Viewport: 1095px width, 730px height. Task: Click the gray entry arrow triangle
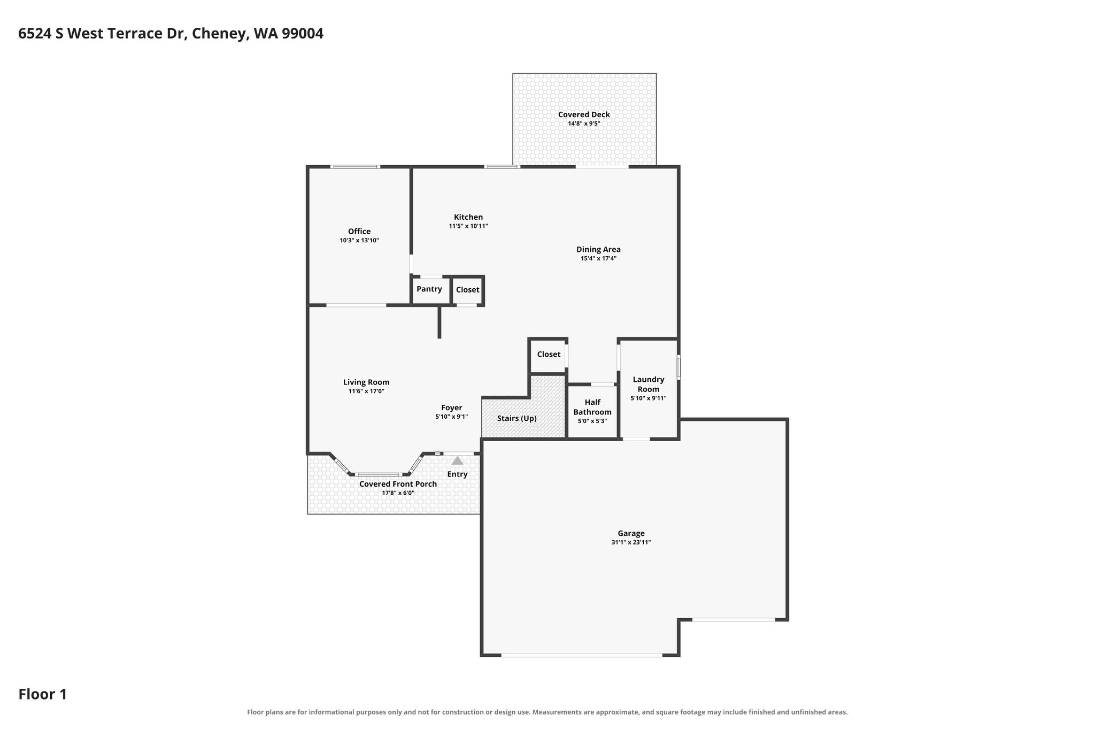457,460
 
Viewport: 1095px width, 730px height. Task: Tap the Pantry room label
429,289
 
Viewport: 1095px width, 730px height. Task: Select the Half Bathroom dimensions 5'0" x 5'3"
592,421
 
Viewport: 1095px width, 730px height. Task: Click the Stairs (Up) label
517,418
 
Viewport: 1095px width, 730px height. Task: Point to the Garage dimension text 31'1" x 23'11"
631,542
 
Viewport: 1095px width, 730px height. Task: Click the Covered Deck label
584,114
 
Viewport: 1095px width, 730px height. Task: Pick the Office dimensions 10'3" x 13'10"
359,241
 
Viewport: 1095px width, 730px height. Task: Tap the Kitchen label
468,217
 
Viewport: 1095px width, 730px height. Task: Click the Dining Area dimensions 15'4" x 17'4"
599,258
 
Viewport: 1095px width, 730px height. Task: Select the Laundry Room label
649,385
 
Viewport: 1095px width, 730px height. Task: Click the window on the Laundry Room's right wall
678,368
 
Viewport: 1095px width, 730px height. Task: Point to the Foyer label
452,408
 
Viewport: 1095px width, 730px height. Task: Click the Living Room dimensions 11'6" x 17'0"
366,391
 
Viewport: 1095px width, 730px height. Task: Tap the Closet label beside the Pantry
468,290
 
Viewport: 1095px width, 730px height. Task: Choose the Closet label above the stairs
549,355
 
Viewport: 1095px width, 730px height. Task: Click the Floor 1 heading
43,694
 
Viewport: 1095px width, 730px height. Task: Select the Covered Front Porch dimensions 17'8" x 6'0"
398,493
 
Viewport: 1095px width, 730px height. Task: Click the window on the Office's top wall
355,167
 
